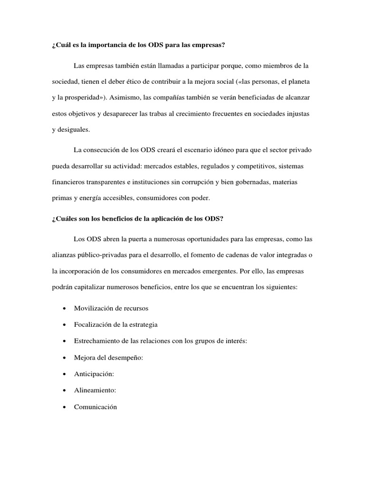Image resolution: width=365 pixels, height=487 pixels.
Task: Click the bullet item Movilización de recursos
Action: point(111,308)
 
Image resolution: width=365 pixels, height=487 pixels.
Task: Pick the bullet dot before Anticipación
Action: point(64,374)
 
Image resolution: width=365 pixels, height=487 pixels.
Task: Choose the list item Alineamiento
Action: point(95,390)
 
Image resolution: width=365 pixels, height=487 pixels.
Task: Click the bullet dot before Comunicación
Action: point(64,407)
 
